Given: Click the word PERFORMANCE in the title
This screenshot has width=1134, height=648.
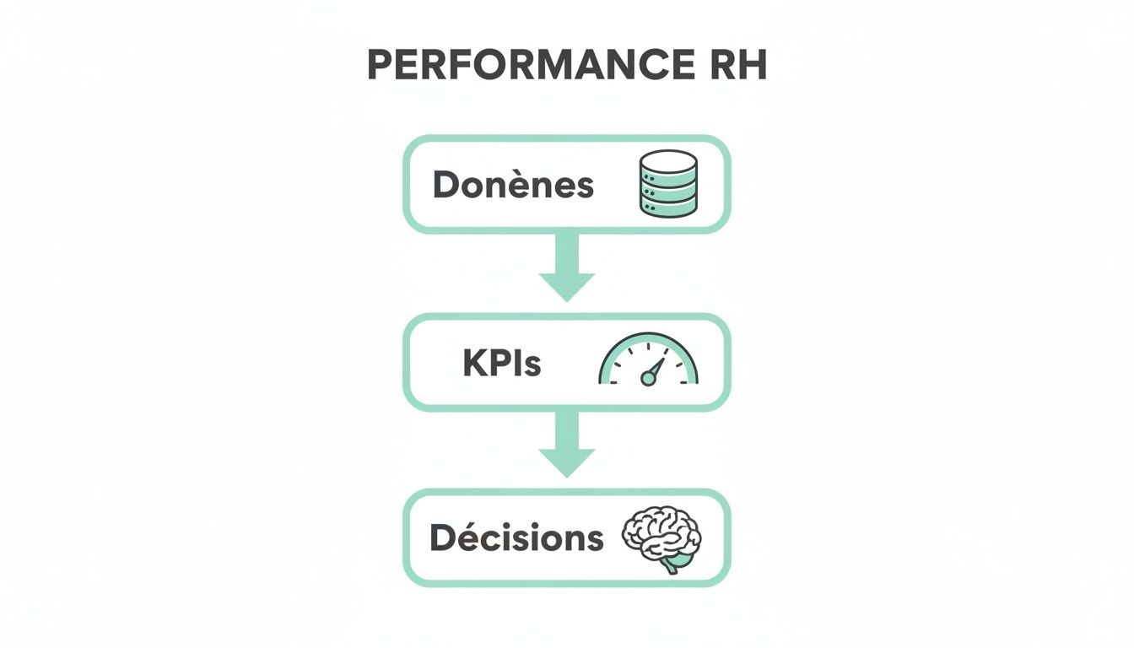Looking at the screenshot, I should (x=526, y=66).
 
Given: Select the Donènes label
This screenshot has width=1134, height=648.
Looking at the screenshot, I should (x=513, y=185).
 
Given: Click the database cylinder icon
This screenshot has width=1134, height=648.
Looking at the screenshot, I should (x=668, y=184).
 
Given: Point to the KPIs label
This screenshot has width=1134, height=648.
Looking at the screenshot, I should (x=502, y=364).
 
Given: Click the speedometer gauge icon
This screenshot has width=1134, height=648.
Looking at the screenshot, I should (x=648, y=359).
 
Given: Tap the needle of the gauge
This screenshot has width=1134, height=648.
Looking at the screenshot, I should (x=655, y=369).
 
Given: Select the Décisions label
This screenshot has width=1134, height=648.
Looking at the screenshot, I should (x=516, y=537).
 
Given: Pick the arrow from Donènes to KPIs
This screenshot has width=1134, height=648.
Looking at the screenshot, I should (x=567, y=267).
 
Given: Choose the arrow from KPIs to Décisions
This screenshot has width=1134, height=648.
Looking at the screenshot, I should (x=567, y=445).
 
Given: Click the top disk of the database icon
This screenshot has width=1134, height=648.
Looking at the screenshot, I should (x=668, y=161).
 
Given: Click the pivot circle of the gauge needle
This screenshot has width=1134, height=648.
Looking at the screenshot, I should (x=648, y=379).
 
